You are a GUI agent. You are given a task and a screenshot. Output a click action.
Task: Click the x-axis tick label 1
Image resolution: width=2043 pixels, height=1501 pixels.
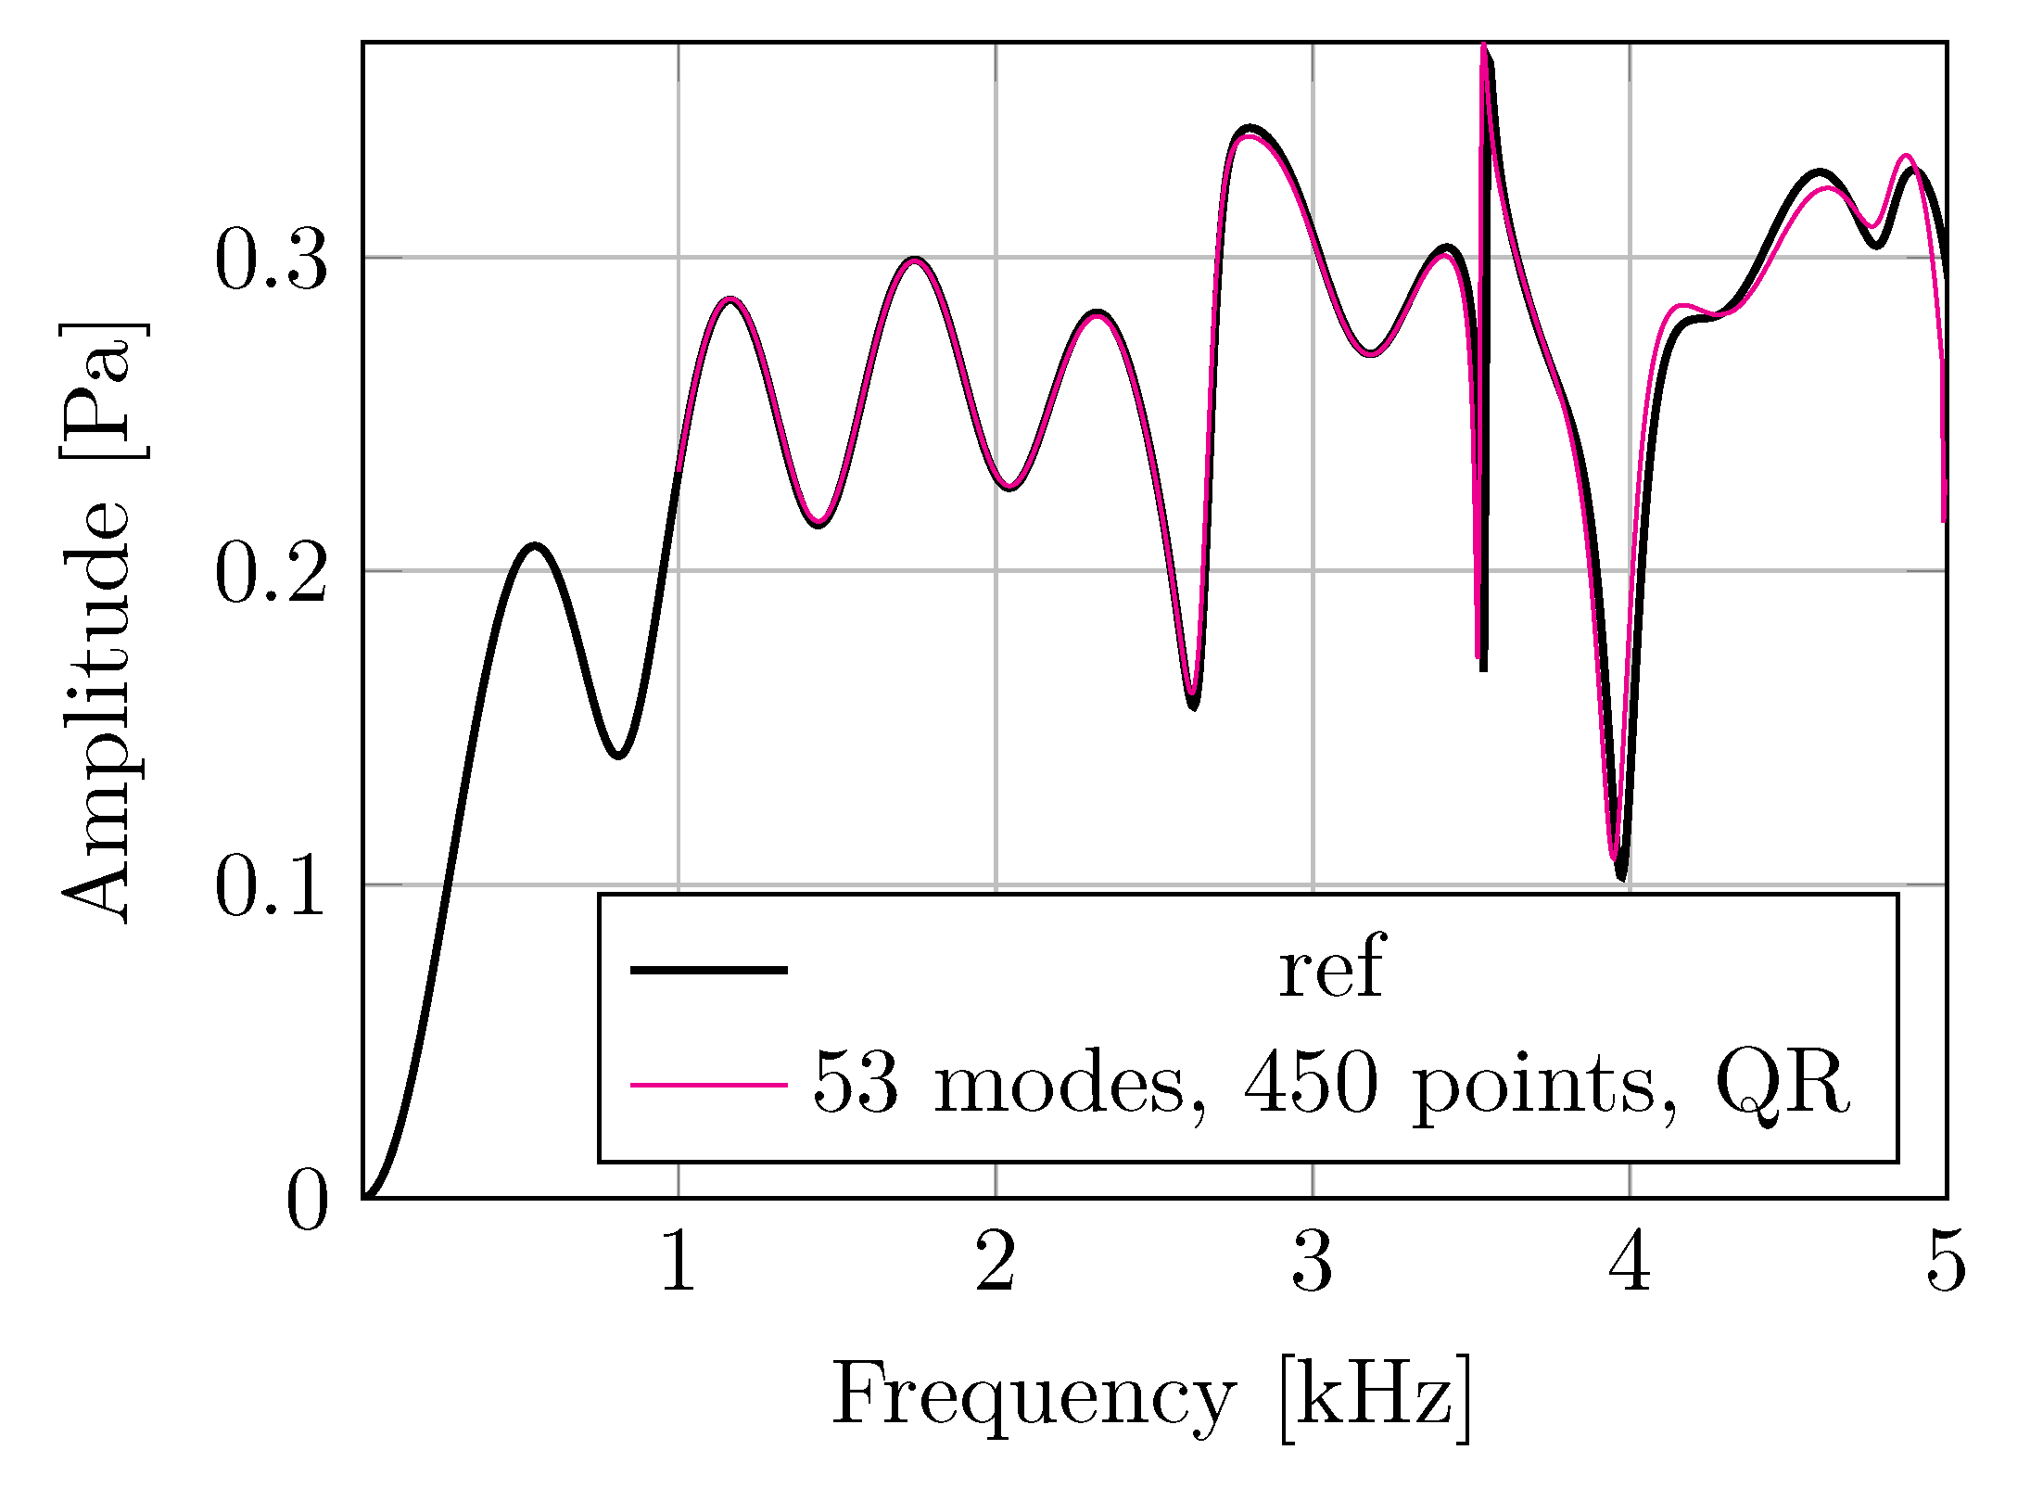[x=679, y=1262]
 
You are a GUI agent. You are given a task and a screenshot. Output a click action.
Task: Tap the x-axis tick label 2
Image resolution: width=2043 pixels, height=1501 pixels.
[x=996, y=1262]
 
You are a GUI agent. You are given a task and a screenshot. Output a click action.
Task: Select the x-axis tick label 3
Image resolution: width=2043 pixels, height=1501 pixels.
[x=1313, y=1262]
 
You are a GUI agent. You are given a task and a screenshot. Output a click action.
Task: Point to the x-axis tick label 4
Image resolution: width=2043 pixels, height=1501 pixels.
[x=1630, y=1262]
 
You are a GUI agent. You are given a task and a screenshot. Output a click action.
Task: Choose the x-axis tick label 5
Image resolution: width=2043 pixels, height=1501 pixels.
[x=1946, y=1262]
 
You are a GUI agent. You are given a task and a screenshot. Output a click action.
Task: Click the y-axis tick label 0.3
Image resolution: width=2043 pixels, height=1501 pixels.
[x=272, y=261]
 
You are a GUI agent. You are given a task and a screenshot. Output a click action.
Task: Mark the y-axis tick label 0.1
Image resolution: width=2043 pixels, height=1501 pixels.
[x=272, y=887]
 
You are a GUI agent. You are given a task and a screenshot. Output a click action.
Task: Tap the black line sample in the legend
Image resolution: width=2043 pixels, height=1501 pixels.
[x=709, y=971]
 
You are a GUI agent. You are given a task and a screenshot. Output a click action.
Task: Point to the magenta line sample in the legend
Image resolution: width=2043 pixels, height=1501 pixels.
[x=709, y=1084]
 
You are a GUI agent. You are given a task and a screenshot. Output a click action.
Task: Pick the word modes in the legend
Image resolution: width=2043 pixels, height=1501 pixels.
[x=1059, y=1083]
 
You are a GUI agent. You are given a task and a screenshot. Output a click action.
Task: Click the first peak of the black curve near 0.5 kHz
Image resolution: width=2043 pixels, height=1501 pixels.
[x=535, y=546]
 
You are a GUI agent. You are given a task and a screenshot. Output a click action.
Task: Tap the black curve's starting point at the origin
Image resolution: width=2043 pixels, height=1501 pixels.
[x=365, y=1197]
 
